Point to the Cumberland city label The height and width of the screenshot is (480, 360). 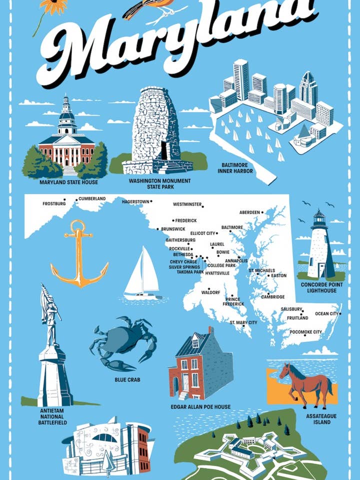(x=92, y=199)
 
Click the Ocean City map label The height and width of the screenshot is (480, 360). (x=326, y=314)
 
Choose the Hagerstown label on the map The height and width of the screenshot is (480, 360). (x=135, y=201)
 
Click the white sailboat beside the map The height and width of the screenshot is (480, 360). (x=142, y=275)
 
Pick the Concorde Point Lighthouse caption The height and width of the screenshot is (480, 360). (x=318, y=287)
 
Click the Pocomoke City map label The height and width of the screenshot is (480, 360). (x=305, y=332)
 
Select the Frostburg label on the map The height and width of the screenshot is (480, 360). (x=54, y=203)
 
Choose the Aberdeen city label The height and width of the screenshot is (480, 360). (x=249, y=212)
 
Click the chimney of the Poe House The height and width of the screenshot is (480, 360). (x=211, y=331)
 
